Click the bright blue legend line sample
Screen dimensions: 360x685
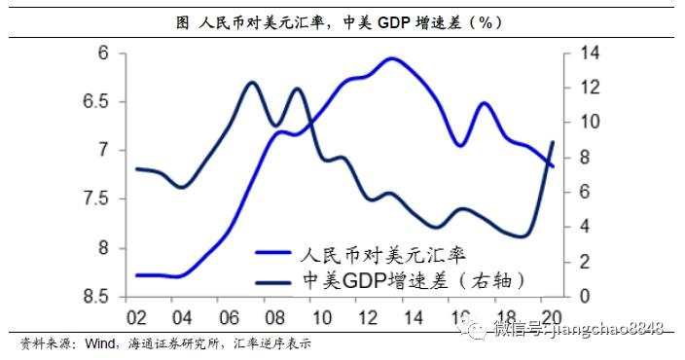pos(280,253)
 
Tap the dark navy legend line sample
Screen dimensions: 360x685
pos(280,282)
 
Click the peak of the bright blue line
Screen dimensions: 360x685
pos(391,58)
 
